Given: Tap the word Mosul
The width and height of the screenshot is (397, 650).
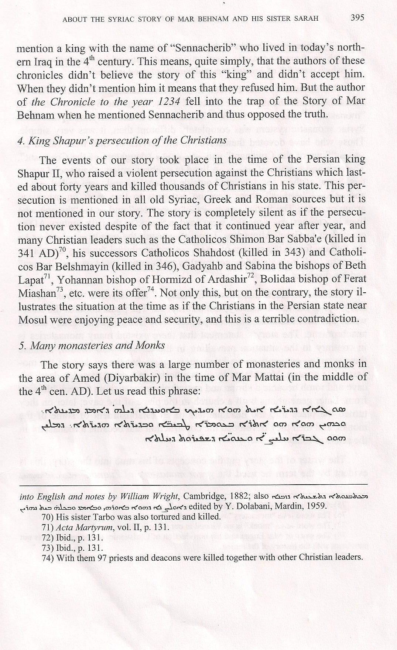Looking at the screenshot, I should tap(31, 319).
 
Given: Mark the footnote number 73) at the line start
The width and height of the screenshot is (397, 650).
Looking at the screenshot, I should tap(48, 547).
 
